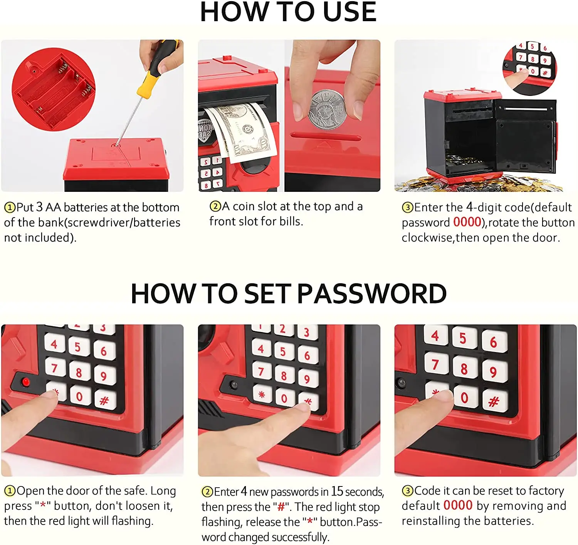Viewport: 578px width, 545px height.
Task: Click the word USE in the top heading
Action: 349,12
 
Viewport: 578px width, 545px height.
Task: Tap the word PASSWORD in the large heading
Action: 372,294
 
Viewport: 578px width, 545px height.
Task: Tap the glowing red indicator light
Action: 26,382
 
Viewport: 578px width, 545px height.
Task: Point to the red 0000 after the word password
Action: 467,223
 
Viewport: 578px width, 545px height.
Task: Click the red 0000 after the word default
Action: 458,505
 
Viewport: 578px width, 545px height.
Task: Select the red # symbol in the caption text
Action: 281,506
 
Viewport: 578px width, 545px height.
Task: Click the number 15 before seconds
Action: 337,491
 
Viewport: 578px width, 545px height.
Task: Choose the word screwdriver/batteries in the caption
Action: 124,223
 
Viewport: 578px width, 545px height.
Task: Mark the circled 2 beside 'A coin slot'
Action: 215,206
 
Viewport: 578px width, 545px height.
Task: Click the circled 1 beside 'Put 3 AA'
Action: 10,208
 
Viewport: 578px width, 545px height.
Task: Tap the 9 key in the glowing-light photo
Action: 104,376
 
